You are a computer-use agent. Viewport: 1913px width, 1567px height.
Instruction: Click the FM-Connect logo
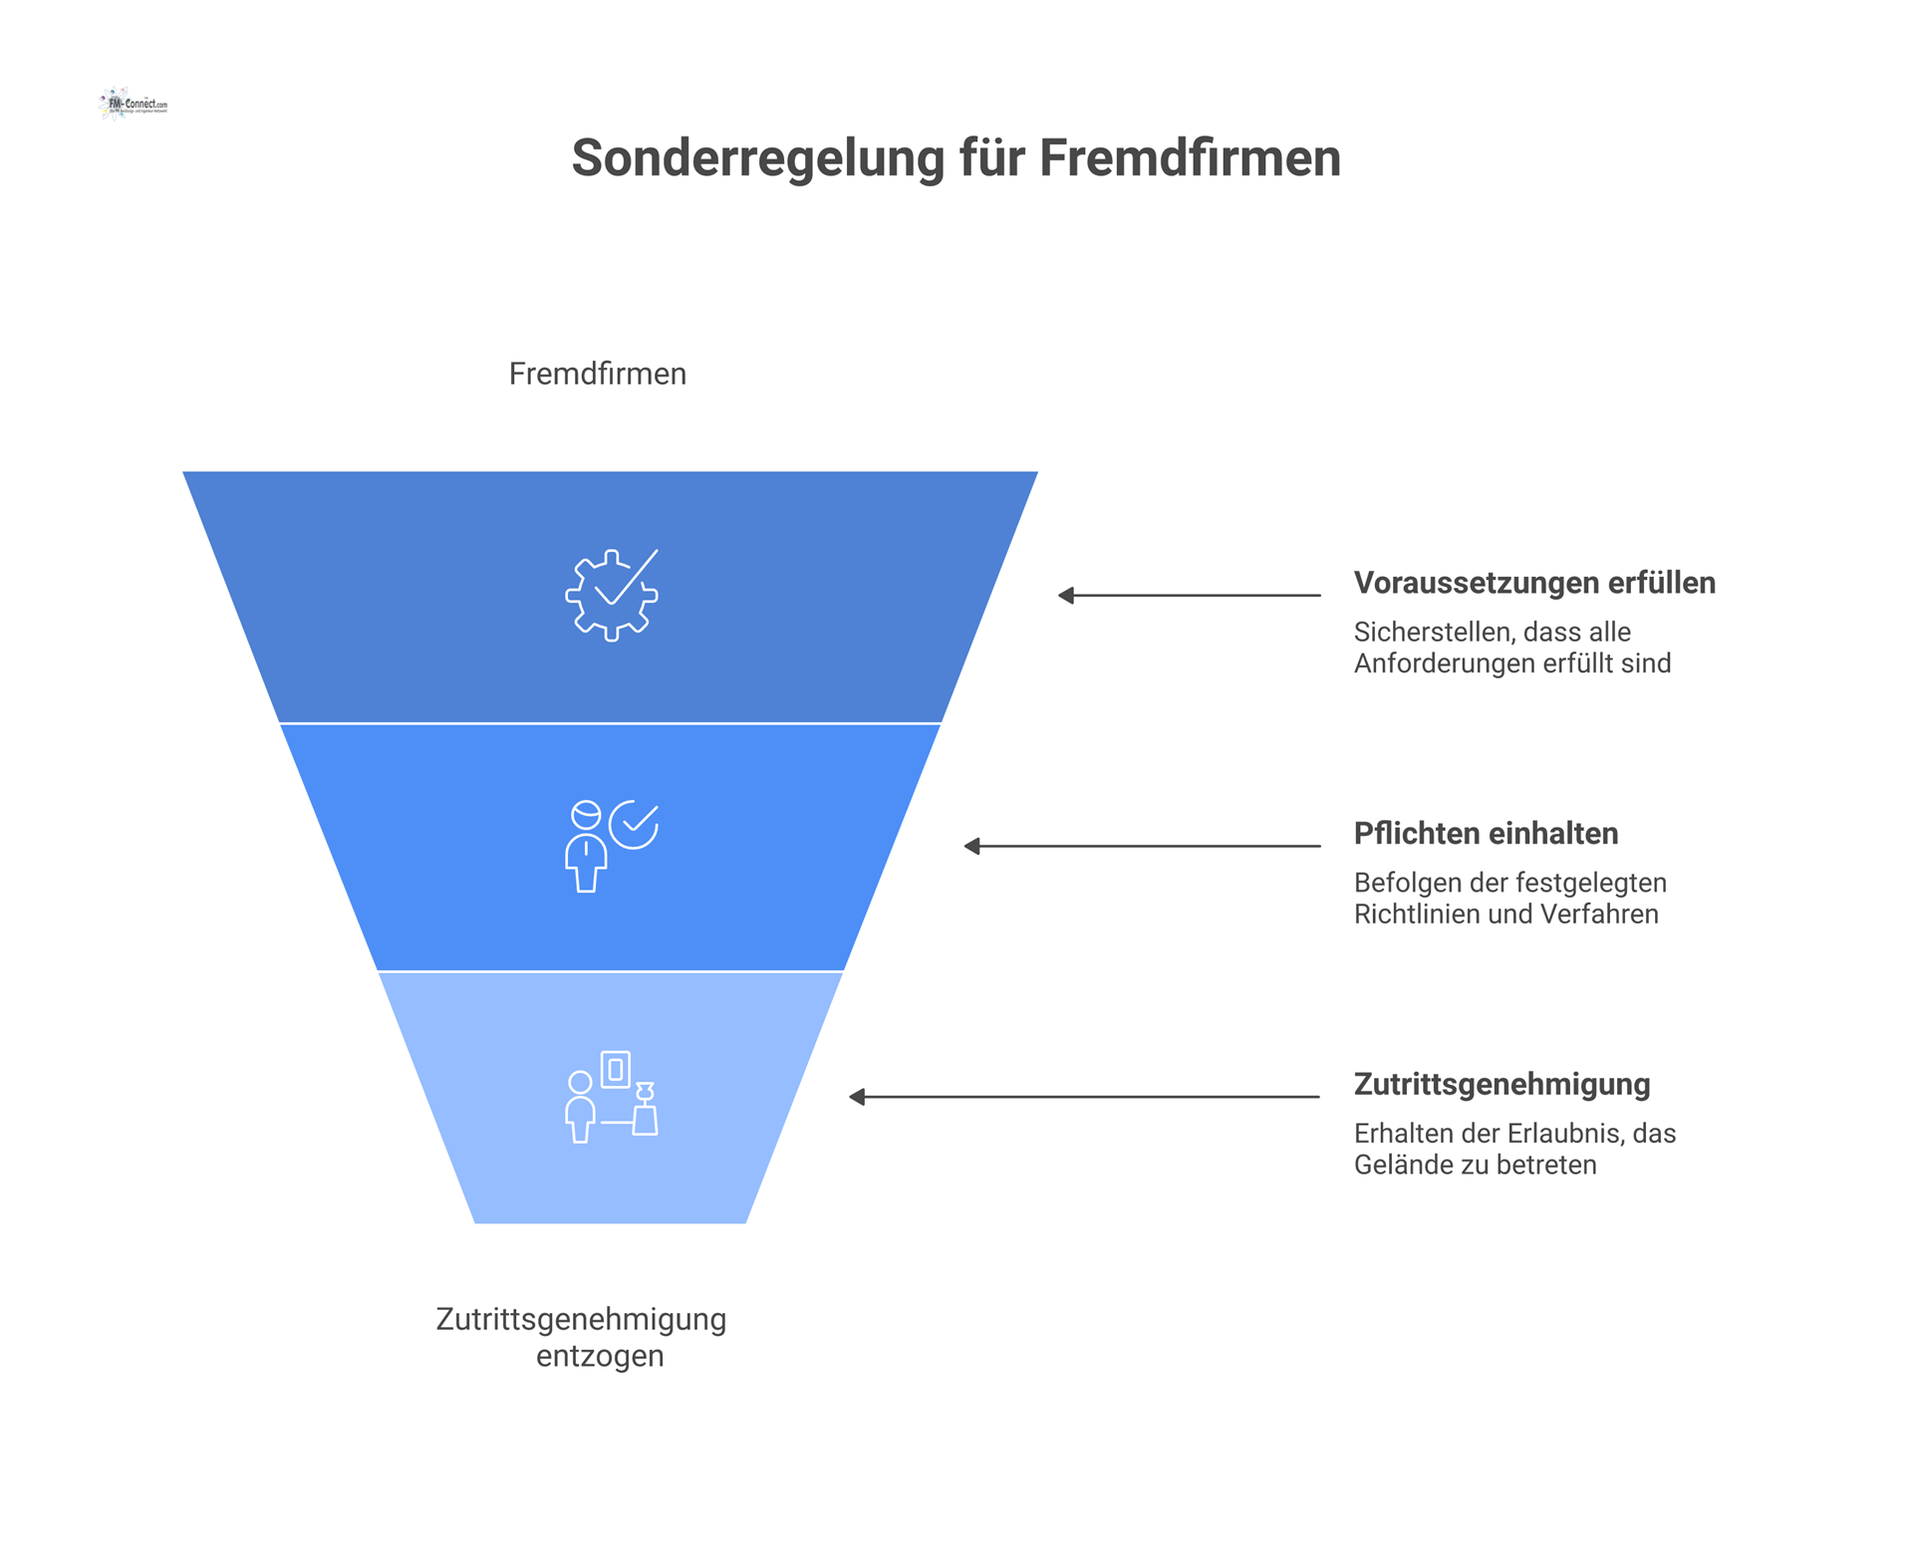point(134,104)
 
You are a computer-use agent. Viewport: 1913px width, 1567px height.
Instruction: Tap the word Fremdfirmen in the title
point(1190,158)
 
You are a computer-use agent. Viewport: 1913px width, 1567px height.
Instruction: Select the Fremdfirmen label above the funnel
point(597,374)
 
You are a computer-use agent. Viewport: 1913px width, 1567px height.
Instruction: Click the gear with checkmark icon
point(612,595)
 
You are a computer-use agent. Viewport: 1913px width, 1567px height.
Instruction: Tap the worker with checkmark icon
point(611,846)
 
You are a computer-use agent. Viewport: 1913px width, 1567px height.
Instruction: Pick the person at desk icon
point(611,1097)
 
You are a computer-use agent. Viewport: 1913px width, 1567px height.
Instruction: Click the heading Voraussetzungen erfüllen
point(1533,583)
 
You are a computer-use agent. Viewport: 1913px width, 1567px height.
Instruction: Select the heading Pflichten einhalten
point(1485,834)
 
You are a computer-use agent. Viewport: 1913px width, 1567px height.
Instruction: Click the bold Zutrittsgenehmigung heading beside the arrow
point(1501,1085)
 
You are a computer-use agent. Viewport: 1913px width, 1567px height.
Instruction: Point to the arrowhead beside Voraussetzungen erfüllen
point(1066,596)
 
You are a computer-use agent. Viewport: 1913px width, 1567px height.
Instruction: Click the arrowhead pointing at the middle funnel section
point(972,847)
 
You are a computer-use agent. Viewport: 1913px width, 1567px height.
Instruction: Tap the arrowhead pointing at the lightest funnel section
point(857,1097)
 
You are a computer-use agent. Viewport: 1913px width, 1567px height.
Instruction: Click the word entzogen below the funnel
point(600,1357)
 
